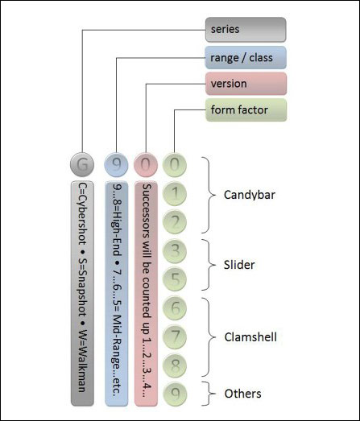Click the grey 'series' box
click(246, 30)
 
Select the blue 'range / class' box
click(246, 57)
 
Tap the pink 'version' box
click(246, 84)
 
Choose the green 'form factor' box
click(246, 109)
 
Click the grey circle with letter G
click(82, 164)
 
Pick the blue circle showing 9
click(116, 164)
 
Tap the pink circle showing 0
click(146, 164)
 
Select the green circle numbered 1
click(175, 193)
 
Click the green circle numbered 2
click(175, 222)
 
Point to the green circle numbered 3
click(175, 251)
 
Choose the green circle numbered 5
click(175, 279)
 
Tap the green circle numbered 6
click(175, 308)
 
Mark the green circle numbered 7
click(175, 336)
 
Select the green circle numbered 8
click(175, 365)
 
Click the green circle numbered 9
click(175, 394)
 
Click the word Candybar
click(250, 195)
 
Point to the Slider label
click(239, 265)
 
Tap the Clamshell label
click(250, 337)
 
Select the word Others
click(243, 394)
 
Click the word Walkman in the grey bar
click(82, 361)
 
